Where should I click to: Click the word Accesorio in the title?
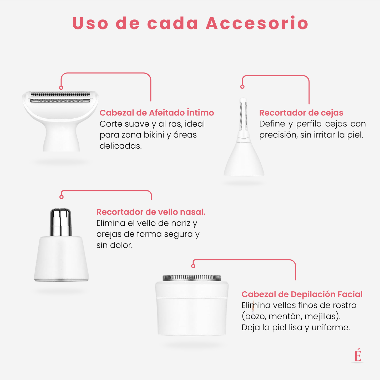[257, 23]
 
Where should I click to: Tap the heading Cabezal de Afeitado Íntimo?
[157, 113]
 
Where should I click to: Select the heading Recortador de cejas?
[301, 113]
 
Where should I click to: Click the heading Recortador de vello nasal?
[151, 212]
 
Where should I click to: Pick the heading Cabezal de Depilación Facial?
[302, 294]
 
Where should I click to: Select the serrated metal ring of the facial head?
[192, 277]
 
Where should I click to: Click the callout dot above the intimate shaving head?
[61, 88]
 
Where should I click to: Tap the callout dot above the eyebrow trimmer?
[242, 87]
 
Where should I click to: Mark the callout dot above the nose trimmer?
[62, 197]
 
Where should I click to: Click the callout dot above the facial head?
[193, 266]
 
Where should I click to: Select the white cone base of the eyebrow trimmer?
[244, 160]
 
